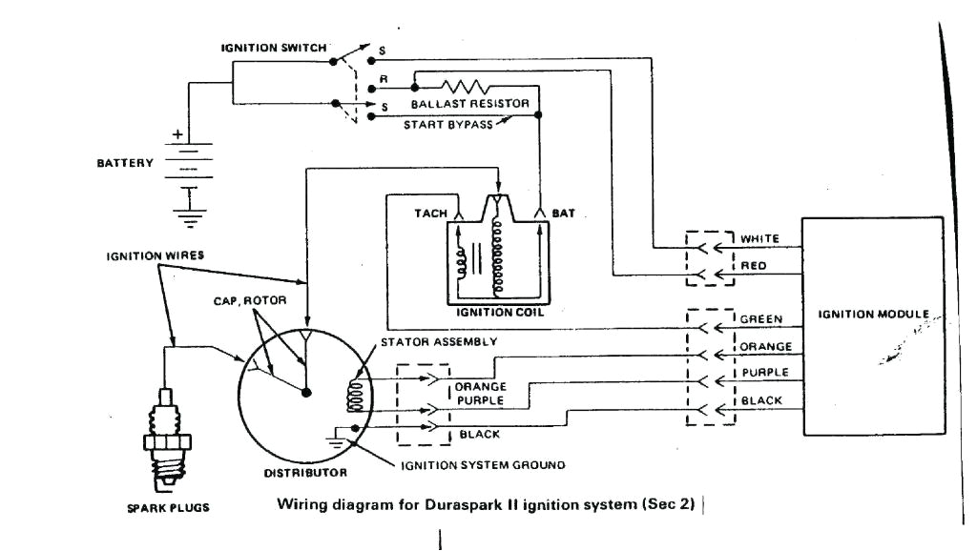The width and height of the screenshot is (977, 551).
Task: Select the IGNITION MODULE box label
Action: pos(864,314)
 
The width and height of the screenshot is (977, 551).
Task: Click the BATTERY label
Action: pos(124,163)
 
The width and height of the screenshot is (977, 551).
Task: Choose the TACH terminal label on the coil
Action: pos(429,213)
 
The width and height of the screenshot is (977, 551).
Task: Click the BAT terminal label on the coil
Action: pos(563,213)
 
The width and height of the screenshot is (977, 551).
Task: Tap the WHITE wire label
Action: pos(760,238)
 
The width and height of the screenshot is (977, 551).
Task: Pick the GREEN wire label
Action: pos(760,319)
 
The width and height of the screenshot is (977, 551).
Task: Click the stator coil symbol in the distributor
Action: pos(356,392)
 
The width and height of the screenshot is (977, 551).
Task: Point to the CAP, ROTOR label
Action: pos(245,302)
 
